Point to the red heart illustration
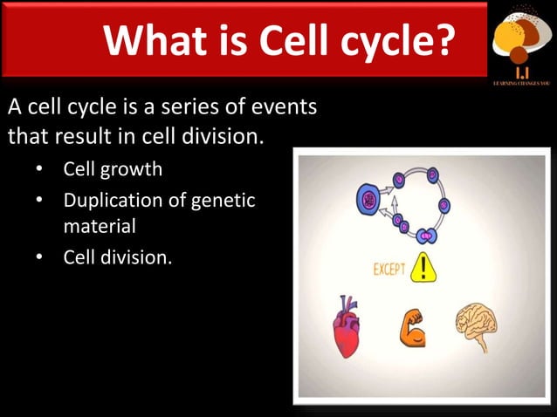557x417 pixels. pos(347,327)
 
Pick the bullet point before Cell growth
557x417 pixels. pos(39,168)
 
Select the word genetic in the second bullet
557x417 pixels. pos(224,200)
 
